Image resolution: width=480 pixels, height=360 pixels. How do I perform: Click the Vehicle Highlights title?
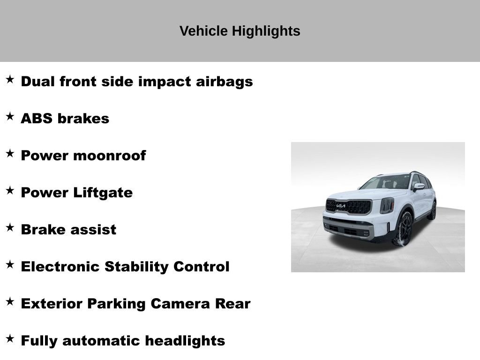click(240, 31)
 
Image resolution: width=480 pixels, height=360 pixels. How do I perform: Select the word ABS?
click(37, 119)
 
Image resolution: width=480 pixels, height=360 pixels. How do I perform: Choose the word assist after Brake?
click(94, 230)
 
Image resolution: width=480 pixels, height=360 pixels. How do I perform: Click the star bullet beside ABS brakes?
click(10, 116)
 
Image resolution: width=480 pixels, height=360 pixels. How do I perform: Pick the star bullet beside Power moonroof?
click(10, 153)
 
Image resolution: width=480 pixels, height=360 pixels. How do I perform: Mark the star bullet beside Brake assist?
click(10, 227)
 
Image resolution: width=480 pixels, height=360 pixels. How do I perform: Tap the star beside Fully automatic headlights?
click(10, 338)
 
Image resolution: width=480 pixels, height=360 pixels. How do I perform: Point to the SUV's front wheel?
click(404, 229)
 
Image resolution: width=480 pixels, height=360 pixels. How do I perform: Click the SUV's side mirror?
click(419, 187)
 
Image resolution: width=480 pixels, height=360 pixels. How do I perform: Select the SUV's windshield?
click(386, 182)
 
